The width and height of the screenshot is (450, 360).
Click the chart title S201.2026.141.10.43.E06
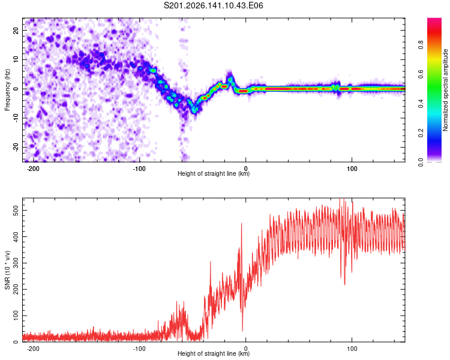coord(213,5)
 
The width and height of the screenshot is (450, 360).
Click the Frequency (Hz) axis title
coord(7,90)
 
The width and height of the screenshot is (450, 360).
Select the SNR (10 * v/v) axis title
coord(7,270)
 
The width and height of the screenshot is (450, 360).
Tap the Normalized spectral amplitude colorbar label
coord(445,90)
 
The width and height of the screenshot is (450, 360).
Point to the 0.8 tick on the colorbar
coord(421,45)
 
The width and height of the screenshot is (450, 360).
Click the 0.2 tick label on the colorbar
coord(421,133)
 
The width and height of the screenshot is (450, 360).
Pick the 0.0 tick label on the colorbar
coord(421,163)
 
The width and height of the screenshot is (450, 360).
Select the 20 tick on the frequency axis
coord(16,30)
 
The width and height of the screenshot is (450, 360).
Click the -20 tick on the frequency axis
coord(16,147)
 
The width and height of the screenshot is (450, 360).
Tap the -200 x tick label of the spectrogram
coord(33,169)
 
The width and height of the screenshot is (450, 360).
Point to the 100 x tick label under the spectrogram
coord(352,169)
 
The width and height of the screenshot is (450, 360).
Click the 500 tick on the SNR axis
coord(16,211)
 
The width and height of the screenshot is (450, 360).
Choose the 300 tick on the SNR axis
coord(16,263)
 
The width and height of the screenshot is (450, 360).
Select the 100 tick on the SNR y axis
coord(16,316)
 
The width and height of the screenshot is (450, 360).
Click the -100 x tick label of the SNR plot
coord(139,349)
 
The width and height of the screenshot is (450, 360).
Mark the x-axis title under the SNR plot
coord(214,353)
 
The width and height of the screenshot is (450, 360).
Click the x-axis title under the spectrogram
coord(214,173)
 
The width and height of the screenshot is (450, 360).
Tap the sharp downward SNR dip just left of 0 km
coord(242,331)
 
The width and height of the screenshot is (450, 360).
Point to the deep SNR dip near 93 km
coord(344,284)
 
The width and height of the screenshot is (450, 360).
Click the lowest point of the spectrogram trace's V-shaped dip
coord(195,112)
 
